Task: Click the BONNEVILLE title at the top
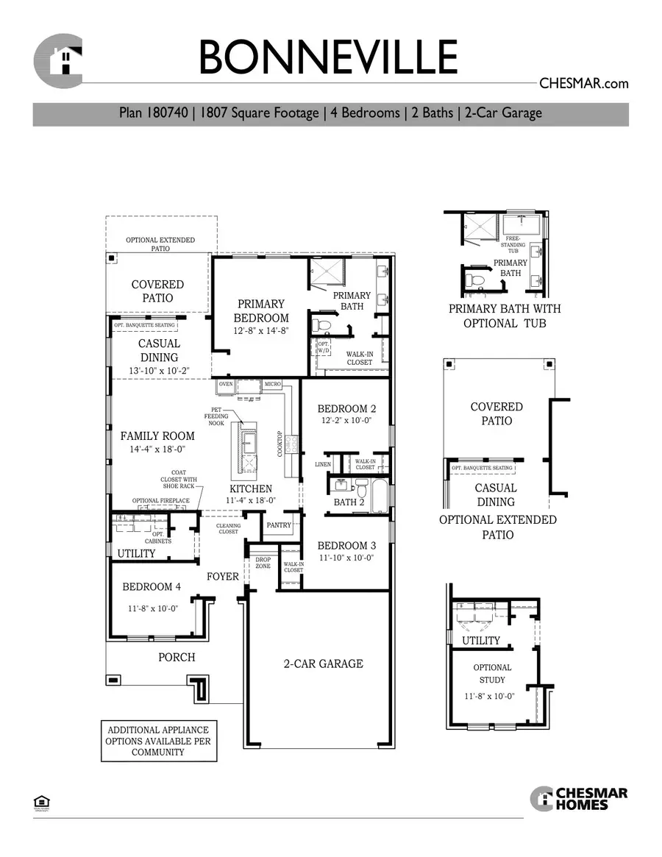pos(328,57)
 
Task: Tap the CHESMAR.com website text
pos(583,83)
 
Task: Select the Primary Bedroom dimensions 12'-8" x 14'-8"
pos(261,332)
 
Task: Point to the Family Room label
pos(157,435)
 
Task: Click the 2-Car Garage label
pos(323,664)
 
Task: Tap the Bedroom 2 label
pos(346,409)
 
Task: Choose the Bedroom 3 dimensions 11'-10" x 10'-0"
pos(346,558)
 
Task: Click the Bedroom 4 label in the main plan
pos(152,586)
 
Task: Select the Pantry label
pos(280,525)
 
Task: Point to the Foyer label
pos(223,577)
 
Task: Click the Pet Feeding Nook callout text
pos(216,416)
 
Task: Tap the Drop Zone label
pos(263,563)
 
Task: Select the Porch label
pos(177,657)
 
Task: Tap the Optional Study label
pos(492,673)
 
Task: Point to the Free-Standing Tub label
pos(515,244)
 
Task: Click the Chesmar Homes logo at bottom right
pos(579,798)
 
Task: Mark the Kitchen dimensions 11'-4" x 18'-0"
pos(251,500)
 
